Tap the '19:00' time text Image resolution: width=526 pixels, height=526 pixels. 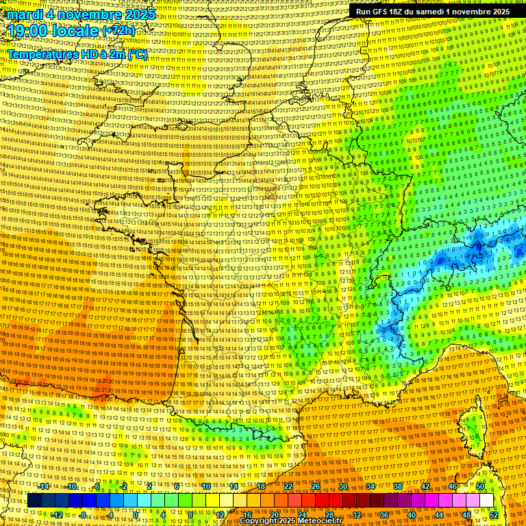(25, 31)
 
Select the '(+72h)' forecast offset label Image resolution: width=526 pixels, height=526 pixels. (118, 32)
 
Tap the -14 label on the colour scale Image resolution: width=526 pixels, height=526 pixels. (45, 486)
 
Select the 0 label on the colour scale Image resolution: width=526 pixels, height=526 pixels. (136, 514)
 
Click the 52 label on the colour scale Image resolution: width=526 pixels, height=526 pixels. (494, 514)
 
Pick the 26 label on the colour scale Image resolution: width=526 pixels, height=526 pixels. (316, 486)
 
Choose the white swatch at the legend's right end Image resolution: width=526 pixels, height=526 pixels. (487, 500)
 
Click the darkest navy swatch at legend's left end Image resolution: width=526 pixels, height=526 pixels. (34, 500)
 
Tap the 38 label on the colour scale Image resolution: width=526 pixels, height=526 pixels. (398, 486)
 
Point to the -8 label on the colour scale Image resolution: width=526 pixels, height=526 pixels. (83, 514)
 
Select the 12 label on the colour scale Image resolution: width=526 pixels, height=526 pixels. (220, 514)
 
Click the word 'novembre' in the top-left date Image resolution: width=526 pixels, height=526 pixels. (86, 14)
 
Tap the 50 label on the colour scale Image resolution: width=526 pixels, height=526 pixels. (480, 486)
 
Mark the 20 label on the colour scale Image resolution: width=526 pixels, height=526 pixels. (275, 514)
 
